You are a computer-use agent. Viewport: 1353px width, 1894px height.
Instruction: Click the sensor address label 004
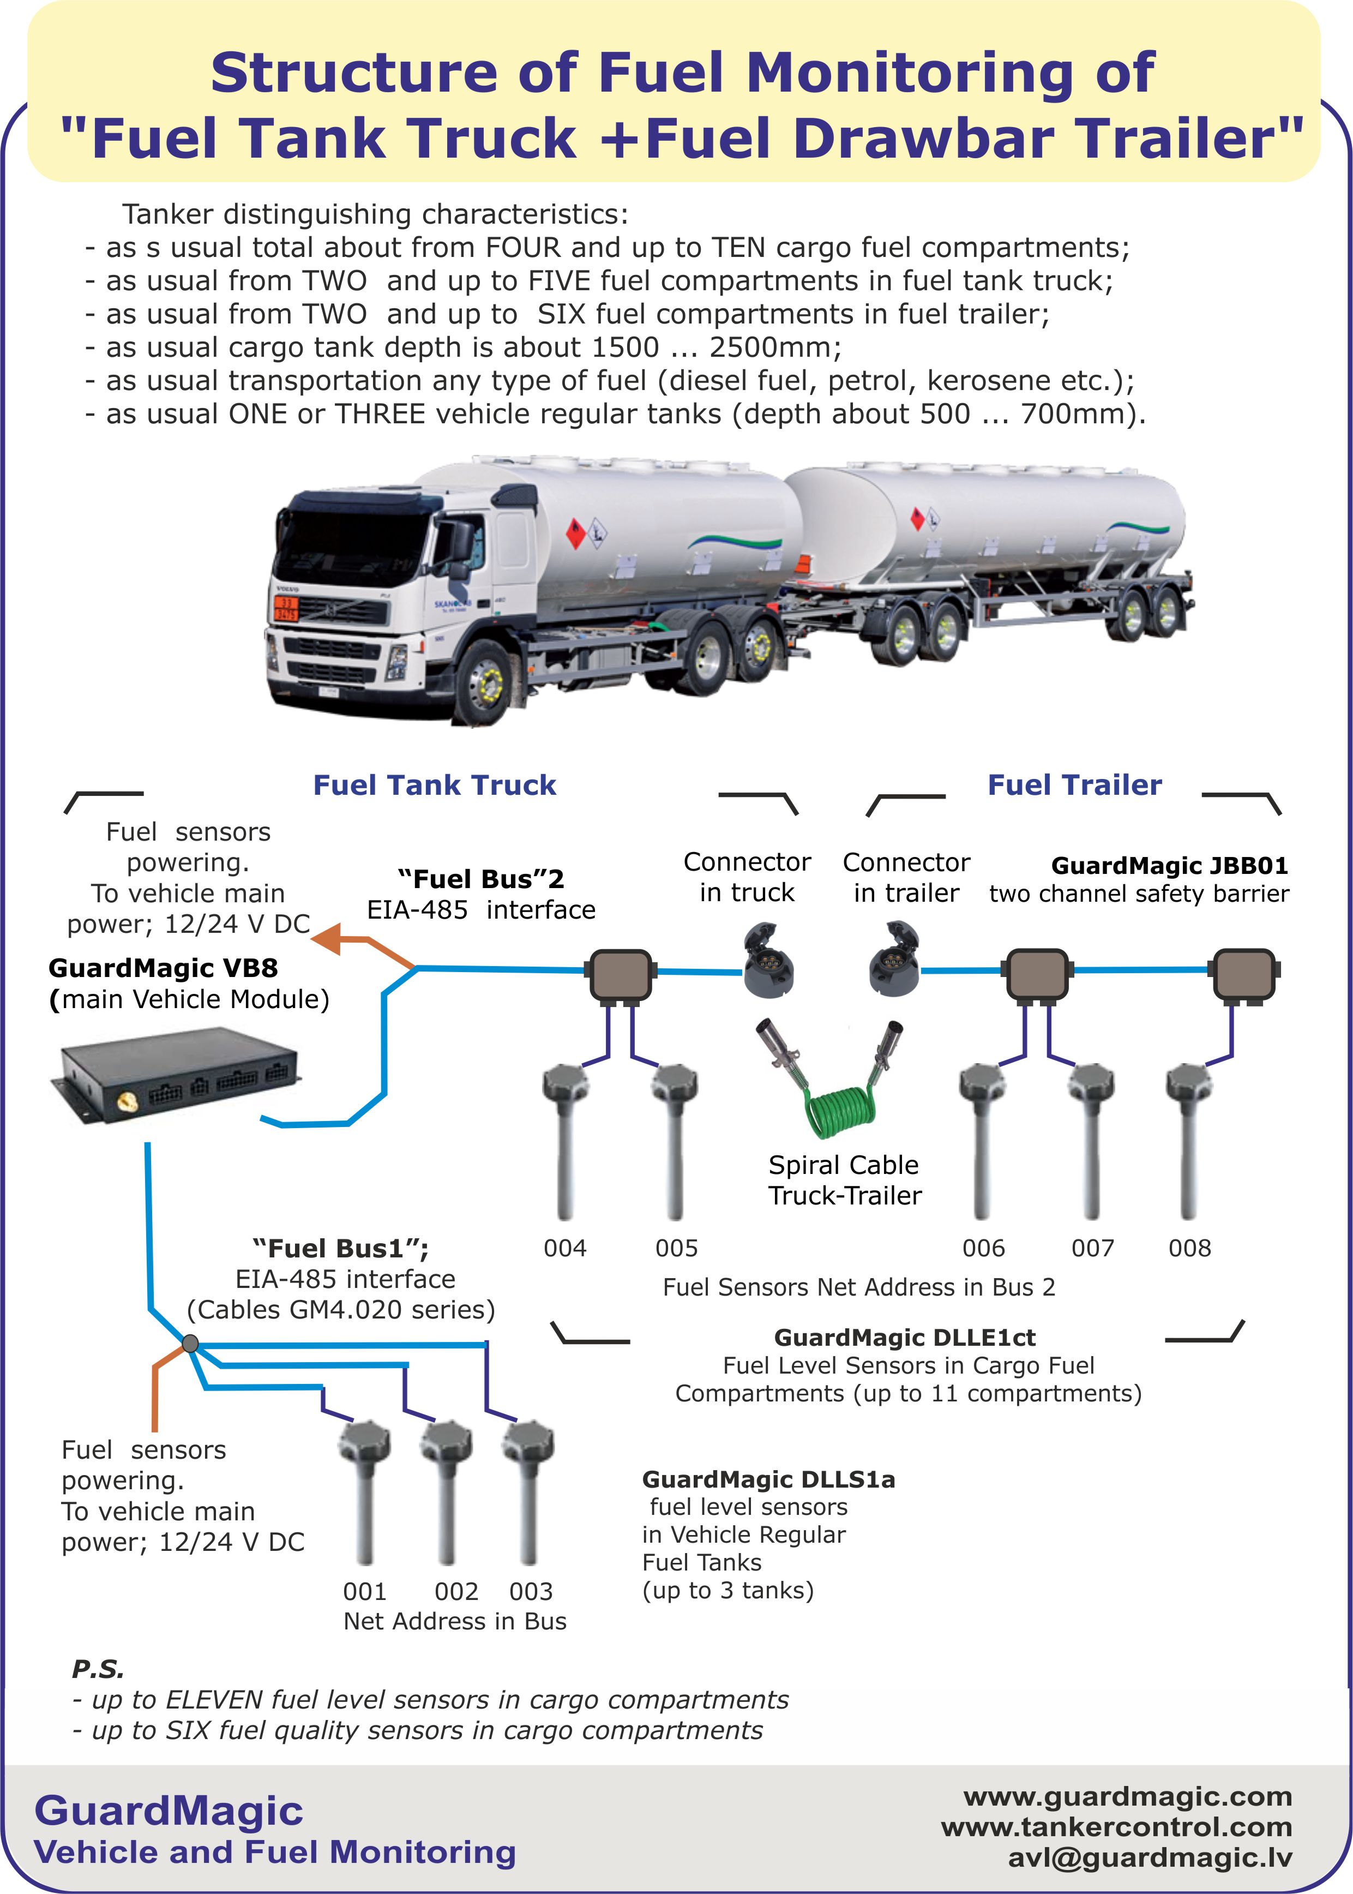pos(565,1248)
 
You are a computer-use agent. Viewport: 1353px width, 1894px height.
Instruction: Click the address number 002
pos(456,1592)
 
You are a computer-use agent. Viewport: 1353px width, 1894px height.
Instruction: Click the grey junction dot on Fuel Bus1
pos(190,1343)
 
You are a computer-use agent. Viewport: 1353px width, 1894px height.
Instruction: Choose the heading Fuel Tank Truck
pos(434,785)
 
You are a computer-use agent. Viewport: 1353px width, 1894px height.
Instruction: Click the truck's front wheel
pos(484,684)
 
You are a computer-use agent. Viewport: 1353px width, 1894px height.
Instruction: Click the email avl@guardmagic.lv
pos(1150,1858)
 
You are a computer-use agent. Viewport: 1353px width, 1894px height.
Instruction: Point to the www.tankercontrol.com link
pos(1116,1827)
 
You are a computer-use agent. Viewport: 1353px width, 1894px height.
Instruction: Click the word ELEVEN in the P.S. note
pos(216,1699)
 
